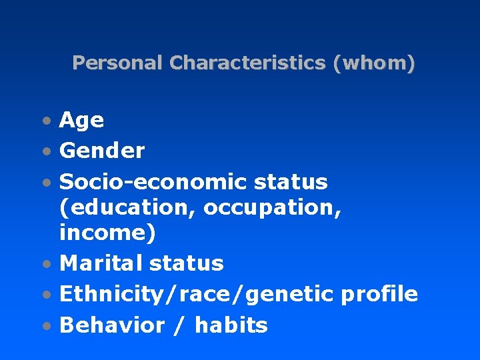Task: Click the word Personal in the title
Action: click(x=117, y=63)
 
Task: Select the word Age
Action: click(x=81, y=121)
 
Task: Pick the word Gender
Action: click(x=102, y=151)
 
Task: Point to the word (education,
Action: click(x=128, y=208)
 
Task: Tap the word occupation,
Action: click(x=273, y=208)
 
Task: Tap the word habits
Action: click(x=231, y=325)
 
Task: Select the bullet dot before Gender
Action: click(x=45, y=152)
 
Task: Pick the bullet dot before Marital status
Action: click(x=45, y=265)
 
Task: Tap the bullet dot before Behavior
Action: click(x=45, y=327)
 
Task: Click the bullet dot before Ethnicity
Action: click(x=45, y=295)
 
